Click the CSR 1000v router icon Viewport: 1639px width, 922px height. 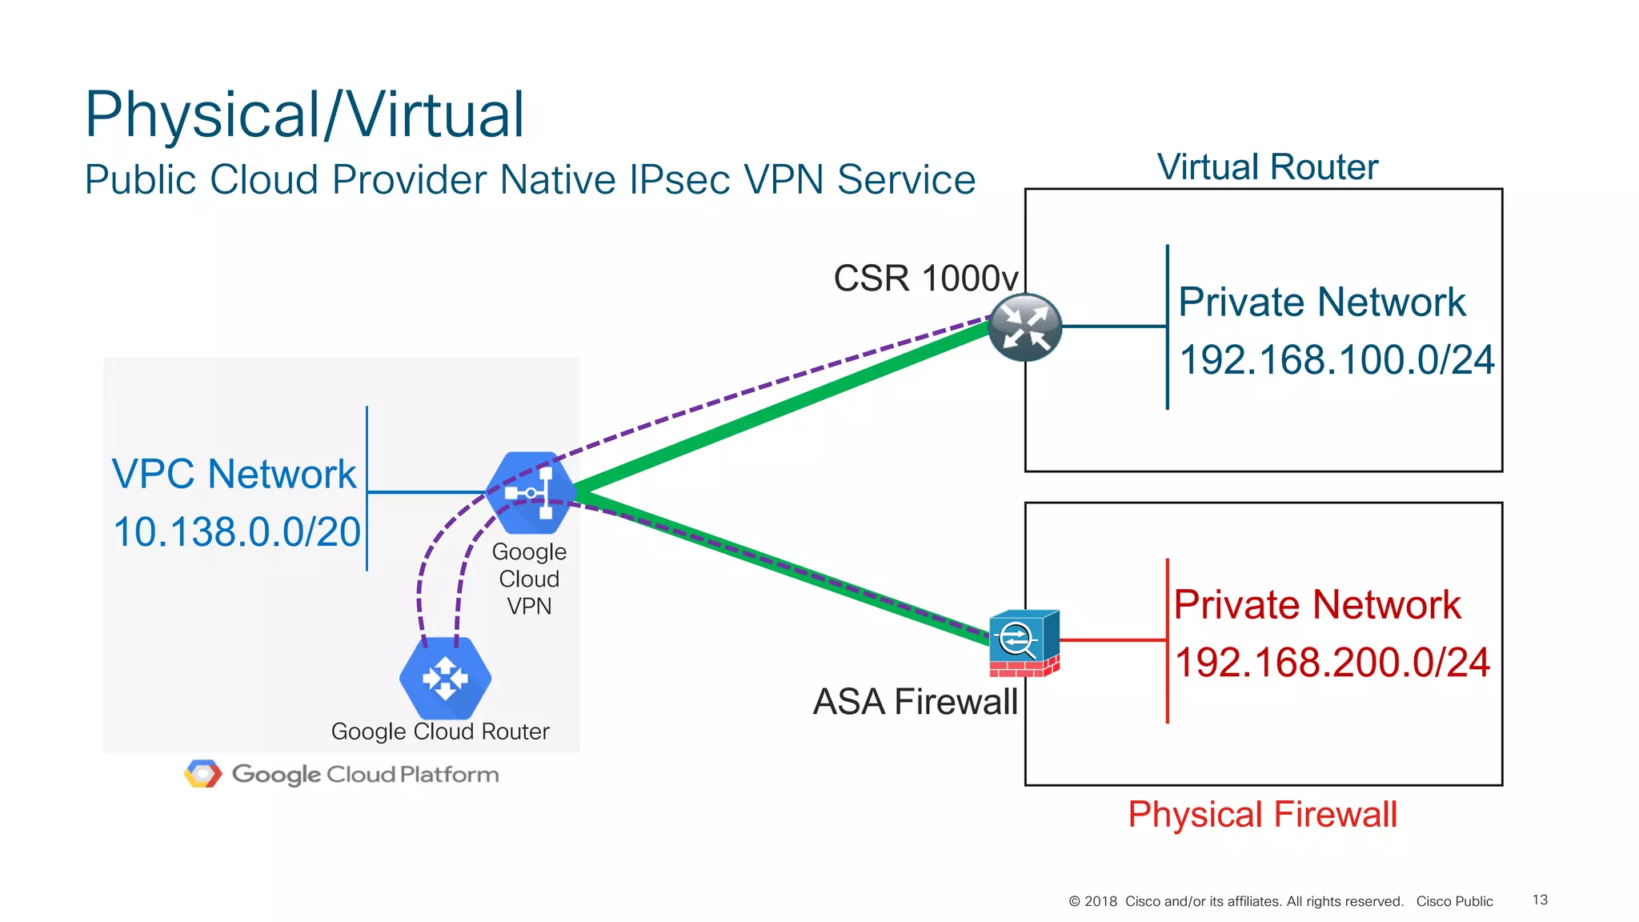pos(1024,327)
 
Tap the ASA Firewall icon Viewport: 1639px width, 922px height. pos(1024,643)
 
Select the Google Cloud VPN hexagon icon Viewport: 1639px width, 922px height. pos(531,492)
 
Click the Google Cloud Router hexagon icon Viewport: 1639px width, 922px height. pos(445,678)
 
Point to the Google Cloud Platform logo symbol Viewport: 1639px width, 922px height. pos(202,774)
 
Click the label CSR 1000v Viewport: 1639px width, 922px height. pos(925,279)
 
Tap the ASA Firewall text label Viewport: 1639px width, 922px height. pos(915,702)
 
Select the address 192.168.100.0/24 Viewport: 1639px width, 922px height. pos(1336,360)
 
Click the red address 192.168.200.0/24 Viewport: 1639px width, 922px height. pos(1332,663)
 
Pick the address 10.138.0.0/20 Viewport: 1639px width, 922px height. pos(237,532)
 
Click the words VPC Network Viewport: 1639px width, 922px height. pos(234,474)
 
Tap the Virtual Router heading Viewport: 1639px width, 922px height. pos(1267,167)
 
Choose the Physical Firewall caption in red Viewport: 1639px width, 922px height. pos(1262,815)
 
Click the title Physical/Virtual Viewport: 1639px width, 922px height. pos(304,114)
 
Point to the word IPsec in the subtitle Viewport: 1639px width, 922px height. pos(678,179)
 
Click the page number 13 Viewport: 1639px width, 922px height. pos(1540,900)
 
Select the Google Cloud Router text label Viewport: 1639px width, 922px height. pos(440,732)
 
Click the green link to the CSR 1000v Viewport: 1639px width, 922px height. pos(784,408)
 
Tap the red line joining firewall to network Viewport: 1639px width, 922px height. pos(1112,640)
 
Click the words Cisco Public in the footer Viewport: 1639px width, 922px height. pos(1454,901)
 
